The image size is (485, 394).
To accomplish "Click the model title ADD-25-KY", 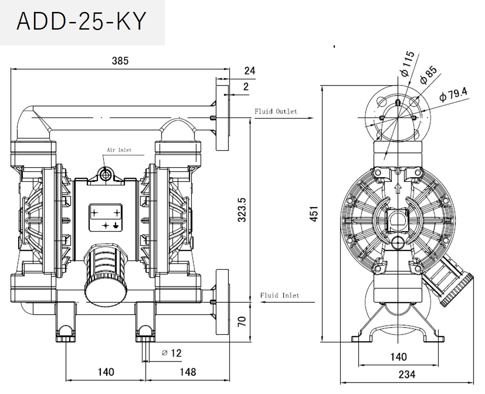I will (80, 21).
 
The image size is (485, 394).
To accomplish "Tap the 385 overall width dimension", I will (120, 61).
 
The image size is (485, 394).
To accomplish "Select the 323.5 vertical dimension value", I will (242, 210).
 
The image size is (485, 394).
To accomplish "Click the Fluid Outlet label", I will (275, 111).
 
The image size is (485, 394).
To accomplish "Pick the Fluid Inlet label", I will (280, 295).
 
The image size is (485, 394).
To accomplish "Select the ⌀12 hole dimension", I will (172, 353).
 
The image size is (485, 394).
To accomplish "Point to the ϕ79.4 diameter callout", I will (453, 94).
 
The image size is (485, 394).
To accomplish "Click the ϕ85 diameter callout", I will (429, 75).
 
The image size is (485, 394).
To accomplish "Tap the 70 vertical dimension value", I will (242, 321).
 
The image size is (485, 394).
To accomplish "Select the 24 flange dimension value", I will (249, 71).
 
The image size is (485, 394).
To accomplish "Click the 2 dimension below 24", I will (246, 86).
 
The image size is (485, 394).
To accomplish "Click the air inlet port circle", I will (106, 175).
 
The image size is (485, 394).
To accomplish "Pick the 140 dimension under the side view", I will (398, 356).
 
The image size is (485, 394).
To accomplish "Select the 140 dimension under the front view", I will (106, 372).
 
